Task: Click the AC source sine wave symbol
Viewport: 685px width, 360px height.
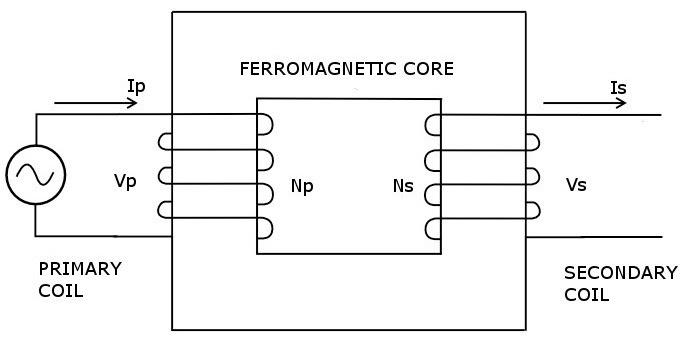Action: pyautogui.click(x=36, y=175)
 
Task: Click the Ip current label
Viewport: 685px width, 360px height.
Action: pyautogui.click(x=138, y=87)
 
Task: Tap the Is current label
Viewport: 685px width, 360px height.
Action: pyautogui.click(x=618, y=89)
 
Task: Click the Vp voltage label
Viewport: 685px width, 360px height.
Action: pyautogui.click(x=126, y=184)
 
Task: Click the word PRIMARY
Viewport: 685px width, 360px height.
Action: pyautogui.click(x=79, y=269)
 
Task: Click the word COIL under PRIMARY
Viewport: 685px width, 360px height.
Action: pyautogui.click(x=60, y=292)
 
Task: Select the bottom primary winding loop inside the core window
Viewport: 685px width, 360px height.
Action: pyautogui.click(x=266, y=228)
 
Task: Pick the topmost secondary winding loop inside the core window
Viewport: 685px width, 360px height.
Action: pyautogui.click(x=432, y=125)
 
